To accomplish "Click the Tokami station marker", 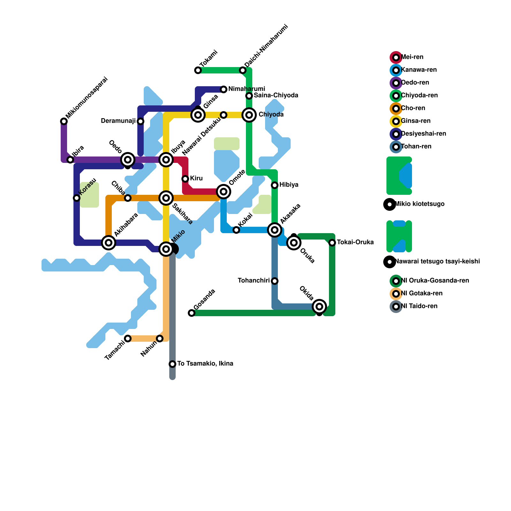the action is click(x=198, y=70).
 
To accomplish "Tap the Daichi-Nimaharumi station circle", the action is click(x=243, y=70).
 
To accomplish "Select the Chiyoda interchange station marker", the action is click(x=249, y=115).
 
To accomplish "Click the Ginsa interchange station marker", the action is click(x=198, y=115).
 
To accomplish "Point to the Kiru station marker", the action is click(x=185, y=179).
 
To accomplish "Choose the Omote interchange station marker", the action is click(x=224, y=192).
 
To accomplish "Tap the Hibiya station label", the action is click(x=289, y=185).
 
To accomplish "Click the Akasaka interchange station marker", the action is click(x=275, y=230).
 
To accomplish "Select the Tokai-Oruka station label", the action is click(x=355, y=242).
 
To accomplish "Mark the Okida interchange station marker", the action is click(x=319, y=307).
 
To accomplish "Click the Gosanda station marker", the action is click(x=192, y=313).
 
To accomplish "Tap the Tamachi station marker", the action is click(x=128, y=339).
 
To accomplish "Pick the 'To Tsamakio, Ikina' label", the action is click(x=205, y=364).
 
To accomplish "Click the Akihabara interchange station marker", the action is click(x=109, y=243).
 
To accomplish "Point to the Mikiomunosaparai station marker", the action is click(x=64, y=121).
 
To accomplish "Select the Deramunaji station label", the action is click(x=118, y=121).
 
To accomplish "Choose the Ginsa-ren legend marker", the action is click(x=396, y=121).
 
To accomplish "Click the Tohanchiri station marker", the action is click(x=275, y=281).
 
